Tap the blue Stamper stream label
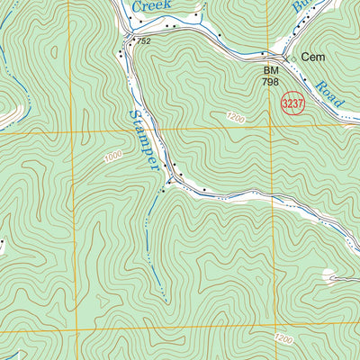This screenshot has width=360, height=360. tap(146, 139)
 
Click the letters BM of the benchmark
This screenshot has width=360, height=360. tap(269, 69)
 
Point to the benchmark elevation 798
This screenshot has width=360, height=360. tap(269, 82)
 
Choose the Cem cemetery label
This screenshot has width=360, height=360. tap(312, 56)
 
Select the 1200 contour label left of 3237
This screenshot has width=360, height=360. tap(236, 117)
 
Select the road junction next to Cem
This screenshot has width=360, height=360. tap(286, 60)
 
